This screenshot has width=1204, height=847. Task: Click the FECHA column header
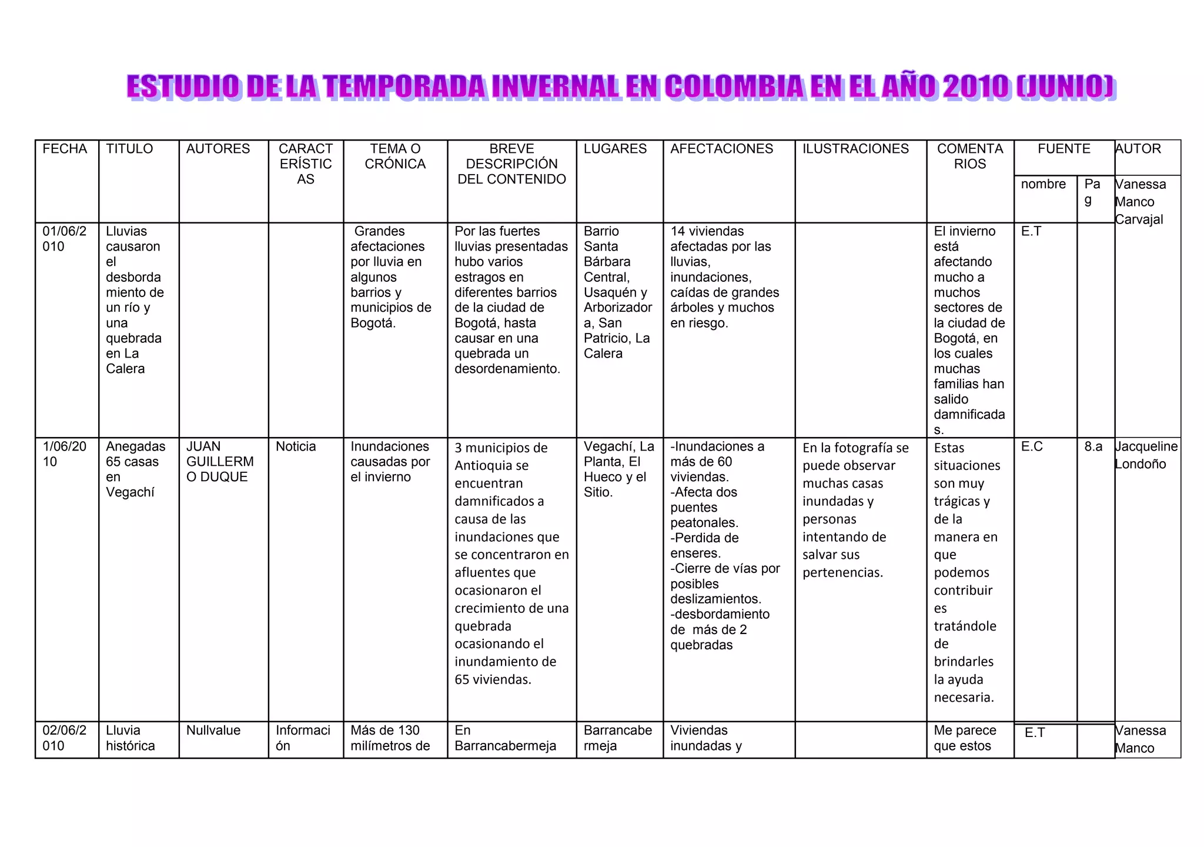click(x=65, y=149)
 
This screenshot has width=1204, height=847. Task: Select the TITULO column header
click(x=129, y=149)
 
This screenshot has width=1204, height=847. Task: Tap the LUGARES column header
click(x=615, y=149)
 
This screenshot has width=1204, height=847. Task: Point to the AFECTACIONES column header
click(x=721, y=149)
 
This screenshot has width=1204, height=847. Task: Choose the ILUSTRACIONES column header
click(x=855, y=149)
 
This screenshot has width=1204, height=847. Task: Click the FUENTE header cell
click(x=1063, y=149)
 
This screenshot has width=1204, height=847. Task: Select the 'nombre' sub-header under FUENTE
click(x=1043, y=184)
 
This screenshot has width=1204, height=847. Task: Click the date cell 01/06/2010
click(x=64, y=239)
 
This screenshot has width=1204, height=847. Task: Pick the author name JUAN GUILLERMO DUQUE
click(x=220, y=462)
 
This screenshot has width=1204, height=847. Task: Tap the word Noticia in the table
click(x=296, y=446)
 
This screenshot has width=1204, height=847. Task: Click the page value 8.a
click(x=1093, y=446)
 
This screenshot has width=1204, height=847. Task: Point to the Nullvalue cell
click(x=213, y=731)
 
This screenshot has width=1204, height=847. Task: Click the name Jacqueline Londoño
click(x=1146, y=455)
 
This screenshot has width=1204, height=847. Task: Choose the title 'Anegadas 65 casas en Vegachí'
click(x=135, y=469)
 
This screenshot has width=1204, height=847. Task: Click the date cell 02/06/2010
click(x=64, y=738)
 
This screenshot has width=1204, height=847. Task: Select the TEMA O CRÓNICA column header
click(x=395, y=156)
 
